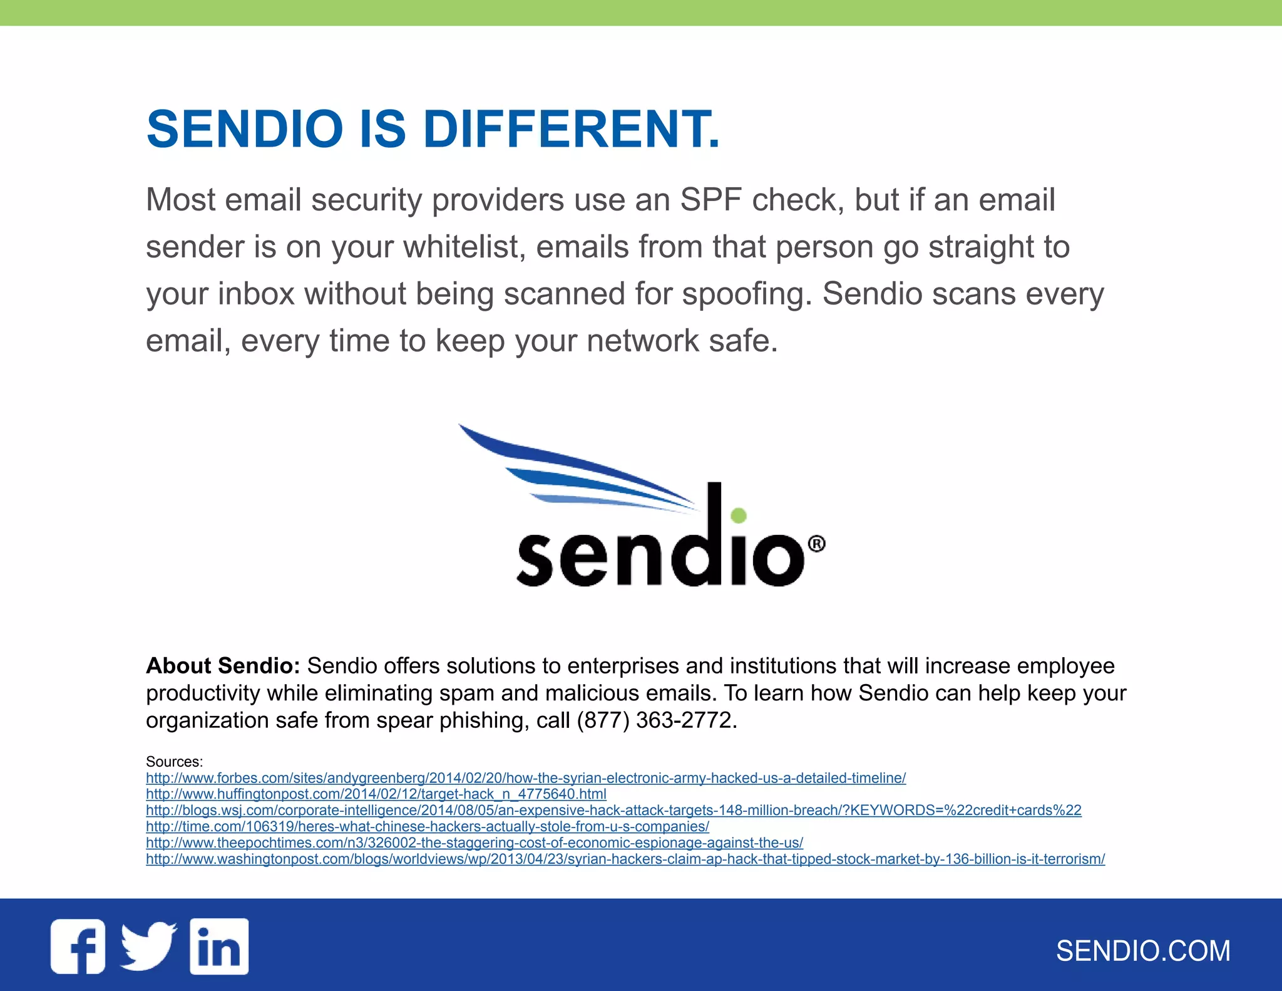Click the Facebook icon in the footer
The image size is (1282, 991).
pos(78,946)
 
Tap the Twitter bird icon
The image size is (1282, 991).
pos(148,946)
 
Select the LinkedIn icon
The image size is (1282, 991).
pos(219,946)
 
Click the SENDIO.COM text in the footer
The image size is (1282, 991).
pos(1143,951)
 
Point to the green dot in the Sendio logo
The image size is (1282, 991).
pos(739,515)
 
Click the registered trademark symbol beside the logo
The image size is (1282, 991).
pos(816,544)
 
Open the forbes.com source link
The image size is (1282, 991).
pos(526,778)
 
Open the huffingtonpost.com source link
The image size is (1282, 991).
pos(376,794)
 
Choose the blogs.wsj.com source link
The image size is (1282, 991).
pos(613,811)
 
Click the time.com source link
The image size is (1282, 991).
pos(428,827)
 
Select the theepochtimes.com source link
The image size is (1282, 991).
pos(474,843)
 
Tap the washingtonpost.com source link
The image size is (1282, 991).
pos(625,859)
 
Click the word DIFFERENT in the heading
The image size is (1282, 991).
pos(571,129)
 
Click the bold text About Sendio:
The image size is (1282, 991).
pos(223,666)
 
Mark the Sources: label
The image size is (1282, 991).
pos(174,762)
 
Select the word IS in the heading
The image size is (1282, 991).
pos(383,129)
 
